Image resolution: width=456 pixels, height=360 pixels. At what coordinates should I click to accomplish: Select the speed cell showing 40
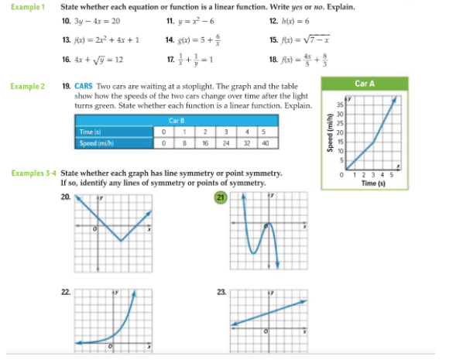pyautogui.click(x=264, y=142)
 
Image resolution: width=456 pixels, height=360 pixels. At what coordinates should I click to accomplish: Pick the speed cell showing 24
pyautogui.click(x=225, y=142)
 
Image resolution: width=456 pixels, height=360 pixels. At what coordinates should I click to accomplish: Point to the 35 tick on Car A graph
pyautogui.click(x=339, y=104)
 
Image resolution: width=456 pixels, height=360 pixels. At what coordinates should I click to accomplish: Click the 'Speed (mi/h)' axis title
pyautogui.click(x=330, y=136)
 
